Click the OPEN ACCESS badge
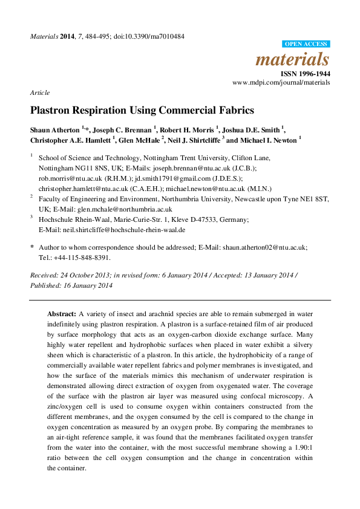306,44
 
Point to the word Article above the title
40,92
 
